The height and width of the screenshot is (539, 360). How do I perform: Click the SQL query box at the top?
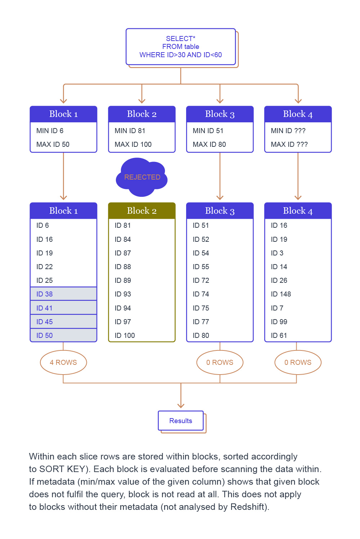point(181,47)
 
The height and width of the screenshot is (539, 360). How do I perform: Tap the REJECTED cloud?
point(142,177)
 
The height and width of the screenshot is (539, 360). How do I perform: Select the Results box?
point(181,421)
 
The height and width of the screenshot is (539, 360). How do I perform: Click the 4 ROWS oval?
point(63,362)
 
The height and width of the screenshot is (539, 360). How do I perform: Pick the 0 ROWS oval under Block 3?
point(220,362)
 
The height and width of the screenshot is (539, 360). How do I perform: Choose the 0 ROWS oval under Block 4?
point(298,362)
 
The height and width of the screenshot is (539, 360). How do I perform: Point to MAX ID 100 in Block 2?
point(133,144)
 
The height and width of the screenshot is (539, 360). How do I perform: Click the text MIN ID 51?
point(208,131)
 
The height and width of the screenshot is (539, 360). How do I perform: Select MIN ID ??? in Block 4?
point(288,131)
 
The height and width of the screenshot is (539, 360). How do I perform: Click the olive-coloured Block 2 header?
point(142,211)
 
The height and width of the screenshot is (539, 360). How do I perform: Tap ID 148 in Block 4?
point(281,294)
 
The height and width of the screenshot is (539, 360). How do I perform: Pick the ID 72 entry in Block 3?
point(201,280)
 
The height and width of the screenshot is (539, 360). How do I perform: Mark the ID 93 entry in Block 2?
point(123,294)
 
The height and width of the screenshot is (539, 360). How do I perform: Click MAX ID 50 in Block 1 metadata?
point(53,144)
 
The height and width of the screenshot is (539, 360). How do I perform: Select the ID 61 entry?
point(279,335)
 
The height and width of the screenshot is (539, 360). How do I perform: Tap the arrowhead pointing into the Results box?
point(181,406)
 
